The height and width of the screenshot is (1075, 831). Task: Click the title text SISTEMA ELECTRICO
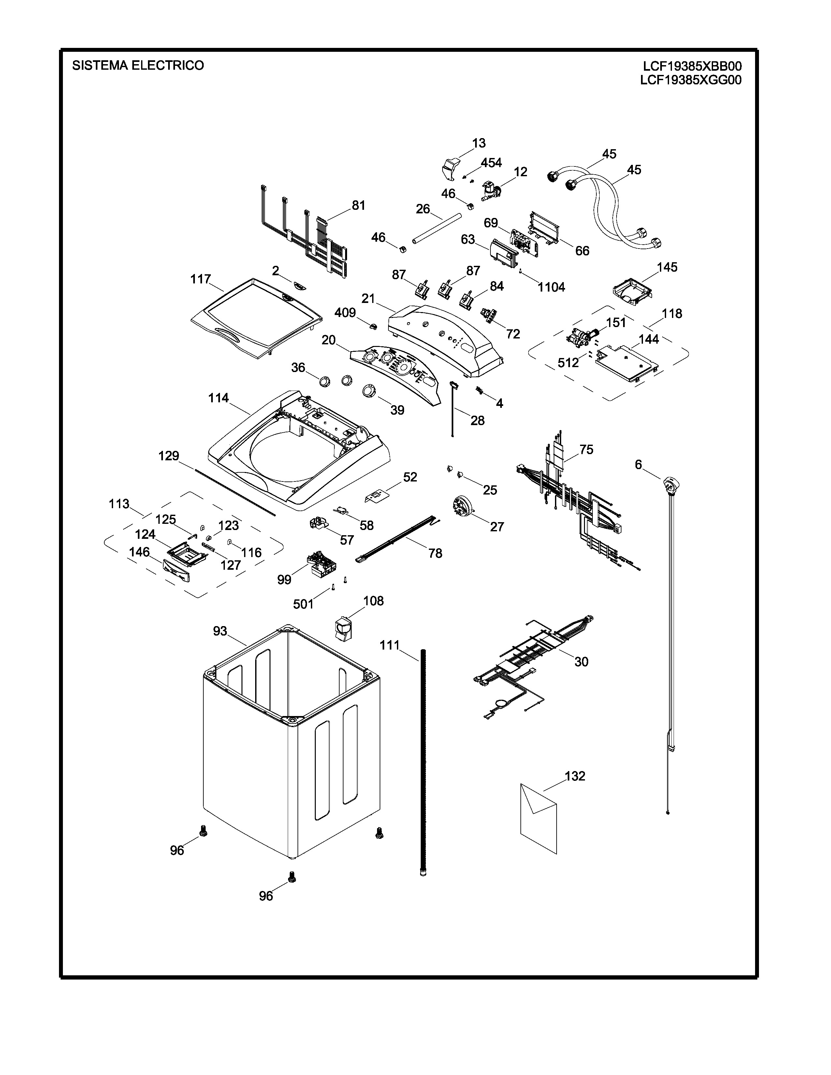[x=138, y=65]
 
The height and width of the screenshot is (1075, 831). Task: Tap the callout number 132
[x=575, y=776]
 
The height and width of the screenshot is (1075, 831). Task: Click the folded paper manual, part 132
[x=538, y=817]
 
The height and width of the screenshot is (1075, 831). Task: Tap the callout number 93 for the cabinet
[x=220, y=631]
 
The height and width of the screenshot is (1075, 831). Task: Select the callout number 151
[x=615, y=322]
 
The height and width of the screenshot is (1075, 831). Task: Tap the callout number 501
[x=303, y=604]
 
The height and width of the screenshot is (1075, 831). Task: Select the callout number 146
[x=139, y=552]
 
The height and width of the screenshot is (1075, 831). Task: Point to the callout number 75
[x=586, y=450]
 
